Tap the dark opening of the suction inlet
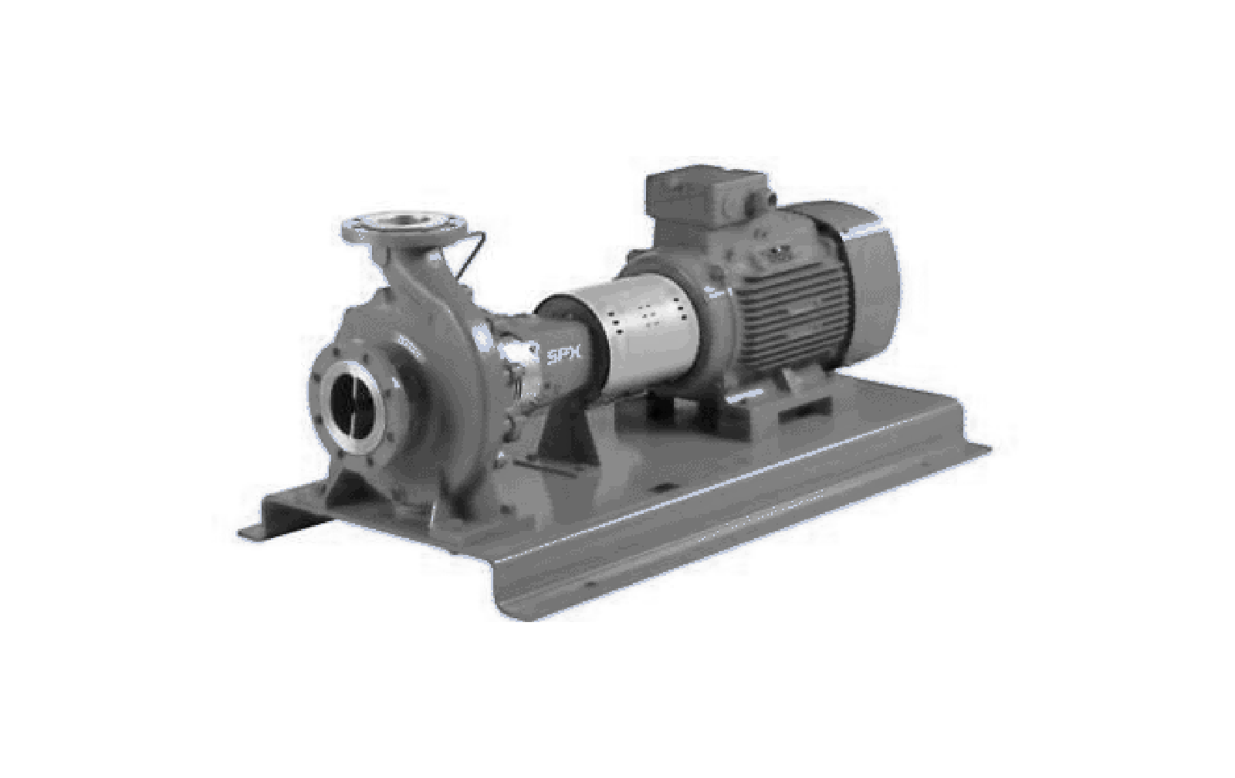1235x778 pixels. click(354, 406)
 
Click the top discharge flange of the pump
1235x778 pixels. click(404, 226)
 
